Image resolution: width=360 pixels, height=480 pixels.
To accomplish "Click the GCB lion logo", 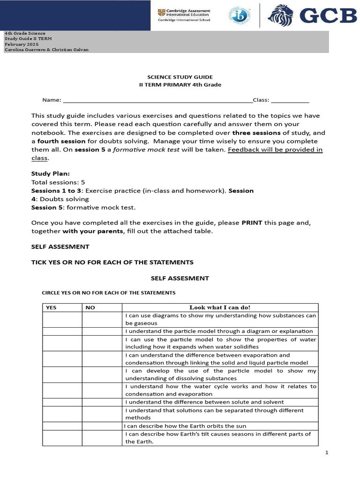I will pos(281,15).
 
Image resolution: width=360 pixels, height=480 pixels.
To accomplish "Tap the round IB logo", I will pos(239,15).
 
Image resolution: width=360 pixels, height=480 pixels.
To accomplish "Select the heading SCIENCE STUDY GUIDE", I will pos(180,77).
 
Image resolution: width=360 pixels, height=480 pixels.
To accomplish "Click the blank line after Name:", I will pos(157,100).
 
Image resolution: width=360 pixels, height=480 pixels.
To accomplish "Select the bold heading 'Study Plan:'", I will pos(50,173).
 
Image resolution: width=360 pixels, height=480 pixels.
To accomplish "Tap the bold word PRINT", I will pos(252,223).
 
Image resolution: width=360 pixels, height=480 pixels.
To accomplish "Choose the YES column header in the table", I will pos(50,307).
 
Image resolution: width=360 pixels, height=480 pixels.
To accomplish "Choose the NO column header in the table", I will pos(90,307).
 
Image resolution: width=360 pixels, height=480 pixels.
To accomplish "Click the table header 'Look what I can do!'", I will pos(220,307).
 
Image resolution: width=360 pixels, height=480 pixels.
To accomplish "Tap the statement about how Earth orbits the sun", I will pos(185,426).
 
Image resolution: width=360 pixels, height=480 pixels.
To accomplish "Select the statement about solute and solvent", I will pos(204,402).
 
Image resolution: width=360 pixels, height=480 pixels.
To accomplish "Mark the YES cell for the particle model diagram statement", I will pos(62,331).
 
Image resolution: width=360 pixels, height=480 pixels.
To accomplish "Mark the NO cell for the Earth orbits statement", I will pos(102,426).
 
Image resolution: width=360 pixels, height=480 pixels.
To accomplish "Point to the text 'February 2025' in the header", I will pos(22,44).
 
